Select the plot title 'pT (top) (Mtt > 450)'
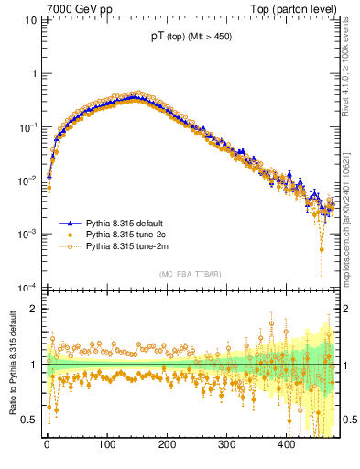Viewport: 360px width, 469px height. tap(191, 38)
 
